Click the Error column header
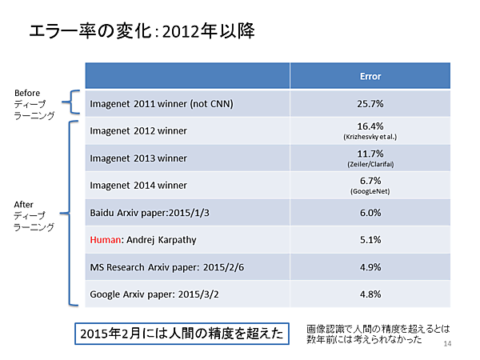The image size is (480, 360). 370,77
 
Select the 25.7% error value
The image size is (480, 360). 370,104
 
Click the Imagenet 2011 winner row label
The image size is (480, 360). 155,104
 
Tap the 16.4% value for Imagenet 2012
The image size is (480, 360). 370,126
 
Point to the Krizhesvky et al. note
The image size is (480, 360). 370,137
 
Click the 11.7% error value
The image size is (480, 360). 370,154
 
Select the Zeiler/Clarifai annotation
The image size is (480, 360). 370,164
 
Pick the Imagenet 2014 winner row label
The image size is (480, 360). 138,186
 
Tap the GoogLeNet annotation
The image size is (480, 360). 370,192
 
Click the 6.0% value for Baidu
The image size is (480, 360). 370,212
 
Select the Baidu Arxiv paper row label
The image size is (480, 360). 147,212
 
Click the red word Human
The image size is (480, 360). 105,239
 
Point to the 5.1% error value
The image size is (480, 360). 370,239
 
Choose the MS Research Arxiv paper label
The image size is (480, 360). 166,266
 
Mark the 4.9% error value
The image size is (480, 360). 370,266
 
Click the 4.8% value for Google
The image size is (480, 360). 370,294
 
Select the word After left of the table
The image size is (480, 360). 24,204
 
